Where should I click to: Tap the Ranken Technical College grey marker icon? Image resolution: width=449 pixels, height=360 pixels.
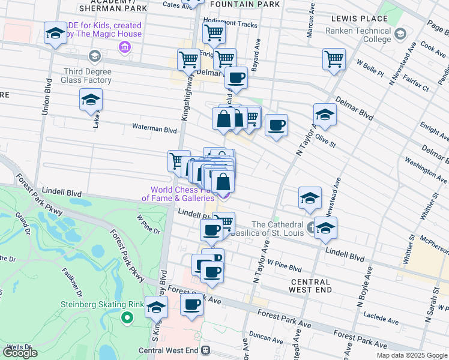click(401, 33)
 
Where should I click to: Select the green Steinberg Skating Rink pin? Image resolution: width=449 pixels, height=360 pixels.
click(127, 316)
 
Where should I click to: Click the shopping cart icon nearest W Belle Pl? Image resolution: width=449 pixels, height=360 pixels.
click(334, 59)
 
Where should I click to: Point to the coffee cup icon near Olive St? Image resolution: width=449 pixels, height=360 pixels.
click(276, 125)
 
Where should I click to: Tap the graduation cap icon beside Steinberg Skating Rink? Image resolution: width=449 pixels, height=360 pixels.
click(156, 308)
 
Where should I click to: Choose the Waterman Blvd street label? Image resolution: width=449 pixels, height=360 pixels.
click(155, 129)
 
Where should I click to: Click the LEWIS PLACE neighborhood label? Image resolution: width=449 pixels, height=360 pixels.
click(349, 19)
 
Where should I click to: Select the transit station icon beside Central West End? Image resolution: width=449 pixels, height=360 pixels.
click(206, 350)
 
